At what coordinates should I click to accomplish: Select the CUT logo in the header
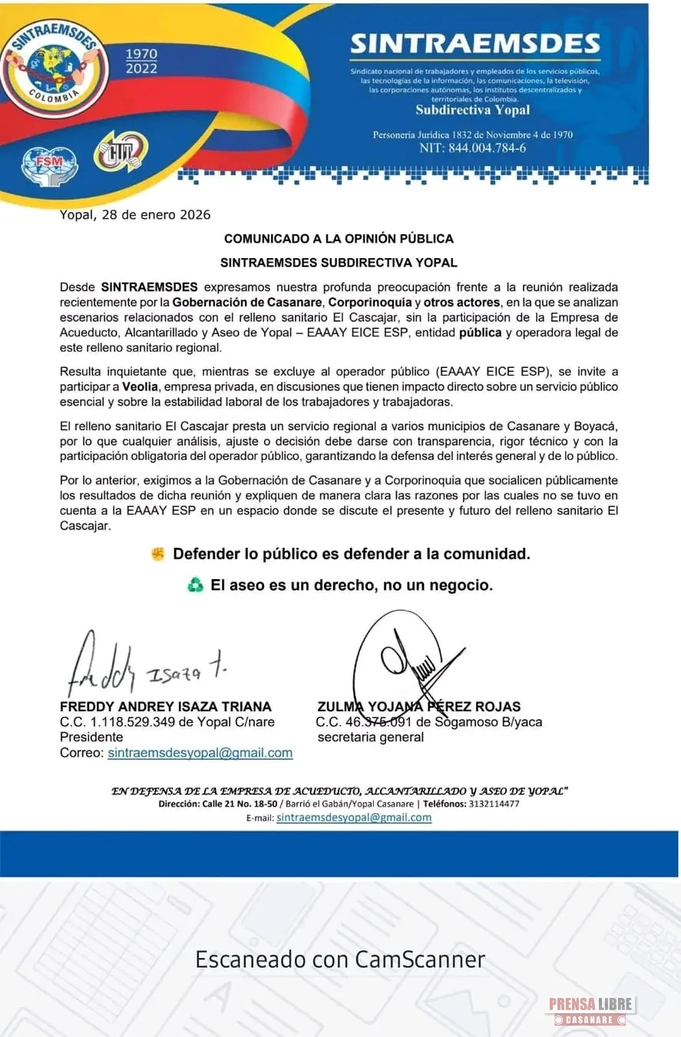[121, 151]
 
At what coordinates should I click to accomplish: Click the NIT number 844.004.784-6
[472, 148]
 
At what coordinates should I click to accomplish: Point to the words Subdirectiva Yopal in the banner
[472, 110]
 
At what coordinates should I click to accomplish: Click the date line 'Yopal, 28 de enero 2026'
[135, 214]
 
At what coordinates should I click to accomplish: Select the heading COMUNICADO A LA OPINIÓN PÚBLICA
[339, 239]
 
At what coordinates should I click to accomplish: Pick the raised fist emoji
[158, 553]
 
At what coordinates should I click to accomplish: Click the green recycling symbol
[195, 585]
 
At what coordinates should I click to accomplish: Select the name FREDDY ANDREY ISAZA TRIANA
[166, 707]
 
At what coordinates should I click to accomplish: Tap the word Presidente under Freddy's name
[91, 737]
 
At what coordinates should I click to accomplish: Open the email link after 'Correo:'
[200, 753]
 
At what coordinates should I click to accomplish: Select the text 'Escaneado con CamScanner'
[340, 959]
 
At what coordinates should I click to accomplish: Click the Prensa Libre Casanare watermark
[590, 1010]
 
